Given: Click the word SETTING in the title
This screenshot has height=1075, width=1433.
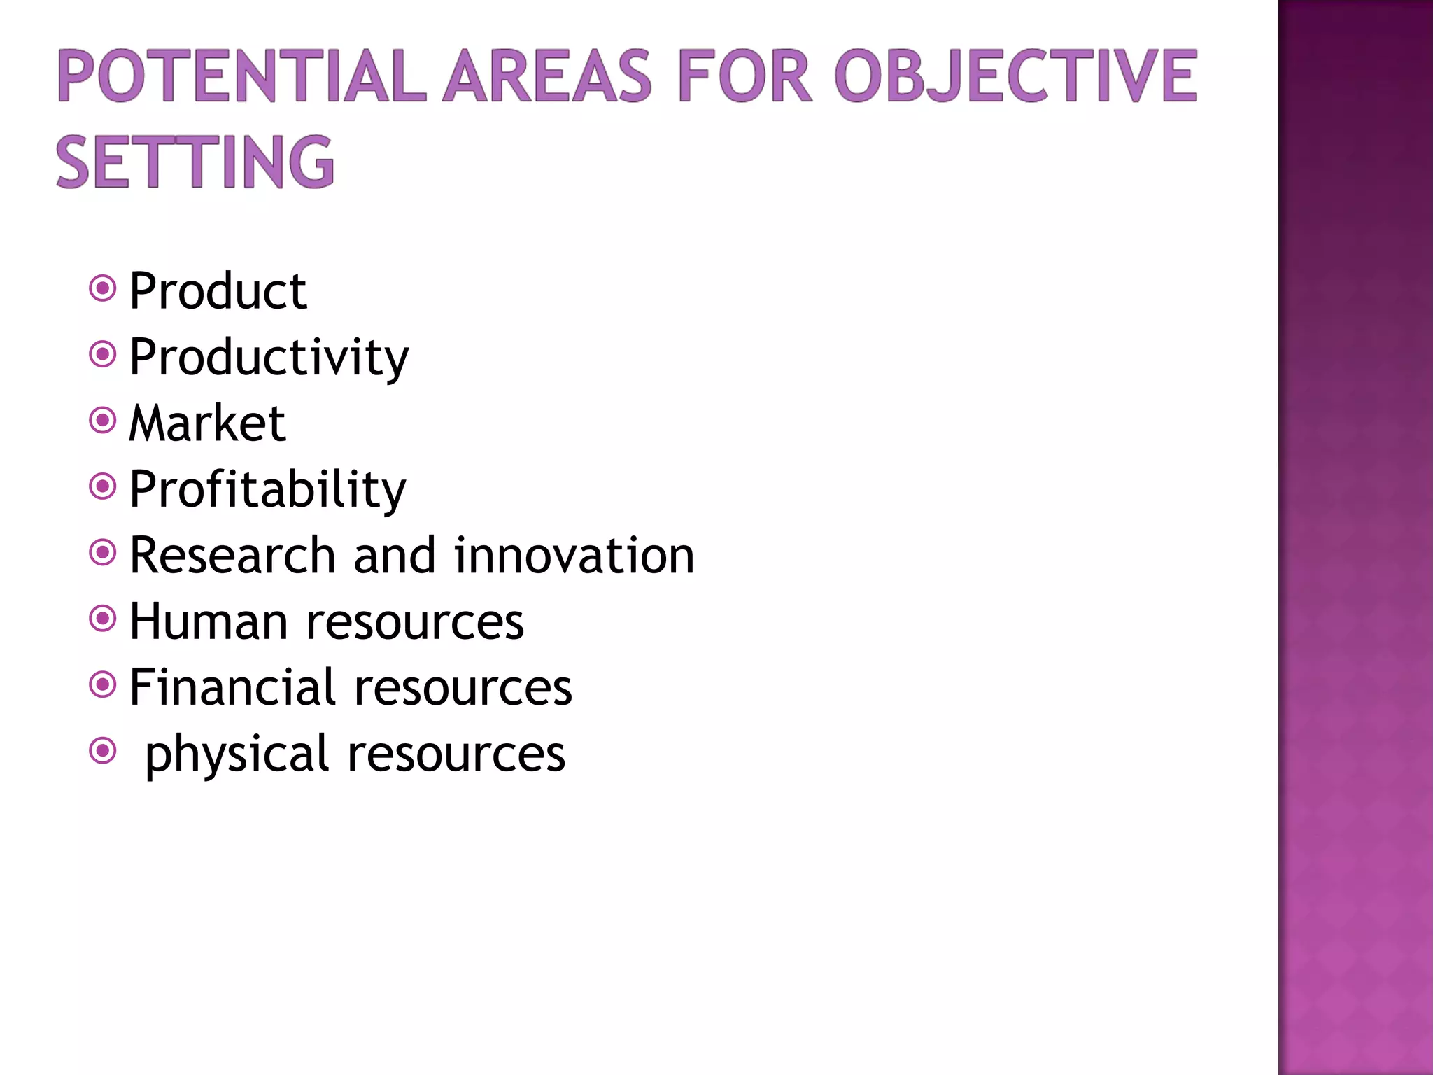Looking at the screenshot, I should click(195, 162).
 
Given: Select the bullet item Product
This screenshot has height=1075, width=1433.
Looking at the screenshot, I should click(218, 290).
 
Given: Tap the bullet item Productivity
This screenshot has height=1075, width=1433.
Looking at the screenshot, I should click(269, 357).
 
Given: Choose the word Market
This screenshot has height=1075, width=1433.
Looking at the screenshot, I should click(208, 423).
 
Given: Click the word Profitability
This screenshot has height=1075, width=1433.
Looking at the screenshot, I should click(267, 489).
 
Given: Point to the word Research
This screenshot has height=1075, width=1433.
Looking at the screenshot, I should click(232, 555).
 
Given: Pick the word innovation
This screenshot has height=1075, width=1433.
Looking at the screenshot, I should click(574, 555).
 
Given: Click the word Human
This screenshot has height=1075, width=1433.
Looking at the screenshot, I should click(209, 621).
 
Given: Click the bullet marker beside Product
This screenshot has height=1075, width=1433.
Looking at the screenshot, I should click(103, 288).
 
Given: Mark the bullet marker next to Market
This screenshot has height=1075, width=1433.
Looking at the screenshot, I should click(103, 421).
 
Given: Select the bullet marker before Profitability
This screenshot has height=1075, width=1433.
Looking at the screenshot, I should click(103, 486).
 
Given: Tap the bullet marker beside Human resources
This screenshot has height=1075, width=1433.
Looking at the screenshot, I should click(103, 619).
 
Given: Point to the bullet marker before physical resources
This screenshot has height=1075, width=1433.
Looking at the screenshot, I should click(103, 751).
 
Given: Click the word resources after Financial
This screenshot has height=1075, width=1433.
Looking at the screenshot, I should click(463, 687).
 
